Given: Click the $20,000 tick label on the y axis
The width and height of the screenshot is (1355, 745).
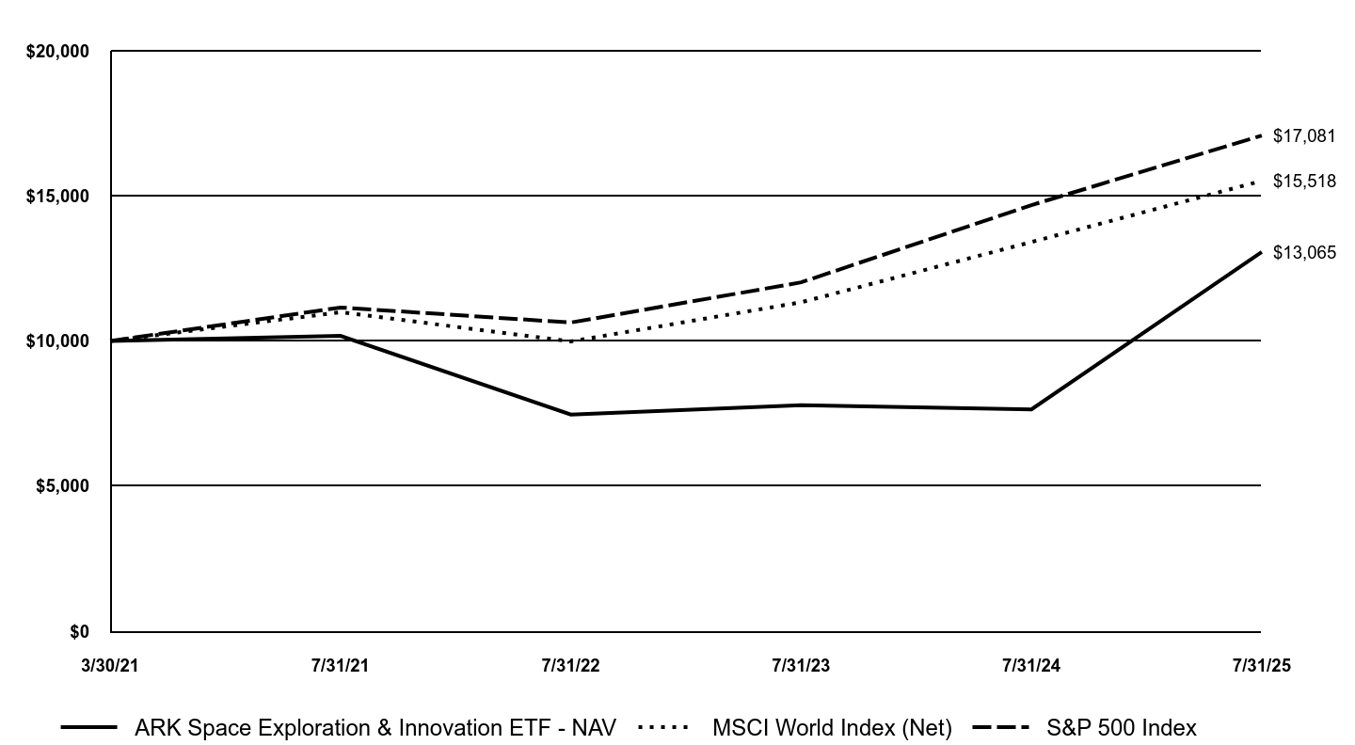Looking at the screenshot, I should [57, 52].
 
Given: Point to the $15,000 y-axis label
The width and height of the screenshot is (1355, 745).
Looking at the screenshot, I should [57, 197].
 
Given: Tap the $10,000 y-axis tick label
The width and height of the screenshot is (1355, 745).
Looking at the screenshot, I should [57, 341].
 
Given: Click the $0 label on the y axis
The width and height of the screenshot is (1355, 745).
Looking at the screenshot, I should [79, 632].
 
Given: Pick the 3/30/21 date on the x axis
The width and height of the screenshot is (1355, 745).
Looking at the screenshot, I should [111, 666].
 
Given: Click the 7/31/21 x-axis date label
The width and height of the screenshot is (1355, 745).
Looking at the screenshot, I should [341, 666].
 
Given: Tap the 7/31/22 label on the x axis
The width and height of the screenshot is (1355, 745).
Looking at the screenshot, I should [571, 666].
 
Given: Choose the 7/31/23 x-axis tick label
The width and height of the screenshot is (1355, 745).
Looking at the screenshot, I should [801, 666].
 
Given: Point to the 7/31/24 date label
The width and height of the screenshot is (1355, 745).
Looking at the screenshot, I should [1031, 666].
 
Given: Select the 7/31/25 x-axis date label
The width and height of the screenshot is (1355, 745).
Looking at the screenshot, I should [1262, 666].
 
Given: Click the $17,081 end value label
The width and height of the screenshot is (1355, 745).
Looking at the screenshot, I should [1304, 136].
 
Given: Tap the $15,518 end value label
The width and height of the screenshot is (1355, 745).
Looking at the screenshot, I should [1304, 181].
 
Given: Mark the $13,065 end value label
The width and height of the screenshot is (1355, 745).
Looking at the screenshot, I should [1304, 253].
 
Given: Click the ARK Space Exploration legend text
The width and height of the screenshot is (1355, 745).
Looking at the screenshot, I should [375, 728].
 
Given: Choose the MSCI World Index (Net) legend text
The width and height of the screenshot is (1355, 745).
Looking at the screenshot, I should [832, 728].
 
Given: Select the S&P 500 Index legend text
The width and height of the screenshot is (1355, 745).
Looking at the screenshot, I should [1122, 728].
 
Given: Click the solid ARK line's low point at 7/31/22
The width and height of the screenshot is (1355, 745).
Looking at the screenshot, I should [571, 415].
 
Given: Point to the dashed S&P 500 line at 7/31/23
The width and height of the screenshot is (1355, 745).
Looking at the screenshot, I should [801, 282].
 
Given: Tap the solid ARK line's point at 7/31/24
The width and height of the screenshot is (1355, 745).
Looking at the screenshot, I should [1031, 409].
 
